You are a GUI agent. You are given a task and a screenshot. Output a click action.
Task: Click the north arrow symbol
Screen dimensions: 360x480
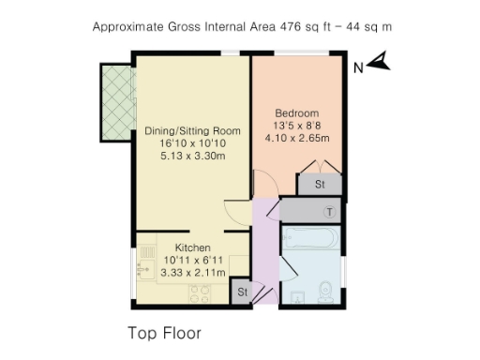[x=380, y=63]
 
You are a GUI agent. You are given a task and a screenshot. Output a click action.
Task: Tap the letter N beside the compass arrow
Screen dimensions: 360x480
[x=357, y=67]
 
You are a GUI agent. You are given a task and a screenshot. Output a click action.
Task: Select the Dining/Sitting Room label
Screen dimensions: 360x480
[x=192, y=130]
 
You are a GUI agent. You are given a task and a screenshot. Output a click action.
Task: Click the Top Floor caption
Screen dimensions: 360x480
[x=164, y=333]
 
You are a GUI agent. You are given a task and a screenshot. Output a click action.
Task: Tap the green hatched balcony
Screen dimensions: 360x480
[x=118, y=102]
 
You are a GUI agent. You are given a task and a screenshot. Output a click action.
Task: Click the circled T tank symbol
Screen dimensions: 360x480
[x=327, y=211]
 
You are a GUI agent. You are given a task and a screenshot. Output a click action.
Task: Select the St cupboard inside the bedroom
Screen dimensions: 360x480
[x=320, y=184]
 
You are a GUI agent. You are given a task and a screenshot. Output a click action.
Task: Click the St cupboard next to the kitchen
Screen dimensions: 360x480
[x=241, y=292]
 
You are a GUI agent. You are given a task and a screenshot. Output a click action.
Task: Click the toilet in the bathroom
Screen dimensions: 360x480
[x=323, y=290]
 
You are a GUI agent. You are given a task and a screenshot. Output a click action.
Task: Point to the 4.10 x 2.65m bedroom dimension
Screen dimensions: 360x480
[x=296, y=138]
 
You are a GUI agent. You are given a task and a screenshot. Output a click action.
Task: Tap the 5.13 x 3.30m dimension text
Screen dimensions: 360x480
[x=192, y=157]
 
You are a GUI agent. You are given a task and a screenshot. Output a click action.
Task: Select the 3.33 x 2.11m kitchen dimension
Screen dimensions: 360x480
[x=192, y=273]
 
